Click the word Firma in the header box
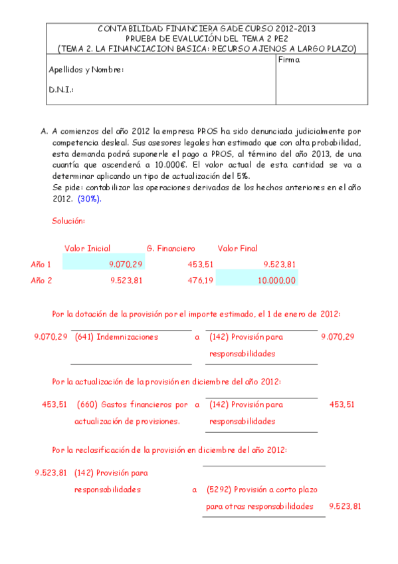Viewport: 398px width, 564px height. click(x=290, y=60)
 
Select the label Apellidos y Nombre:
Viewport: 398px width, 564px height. click(x=86, y=70)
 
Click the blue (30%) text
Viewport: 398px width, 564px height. click(x=90, y=199)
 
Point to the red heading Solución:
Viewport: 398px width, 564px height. click(x=68, y=220)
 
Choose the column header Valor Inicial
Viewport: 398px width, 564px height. click(x=87, y=249)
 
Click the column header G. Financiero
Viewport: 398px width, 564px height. click(x=171, y=249)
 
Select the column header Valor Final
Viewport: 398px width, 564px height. click(x=237, y=249)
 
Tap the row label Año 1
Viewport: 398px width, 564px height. click(x=41, y=264)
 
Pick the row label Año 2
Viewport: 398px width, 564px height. click(x=41, y=281)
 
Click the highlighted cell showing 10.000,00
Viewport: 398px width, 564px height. click(x=276, y=281)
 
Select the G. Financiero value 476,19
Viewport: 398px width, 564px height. click(x=199, y=281)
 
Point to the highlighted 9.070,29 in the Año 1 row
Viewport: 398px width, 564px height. click(x=126, y=264)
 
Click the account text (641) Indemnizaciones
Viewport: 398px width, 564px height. click(x=116, y=337)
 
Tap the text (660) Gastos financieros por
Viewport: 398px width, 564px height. click(x=132, y=404)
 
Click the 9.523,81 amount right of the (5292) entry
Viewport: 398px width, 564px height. click(x=345, y=507)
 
